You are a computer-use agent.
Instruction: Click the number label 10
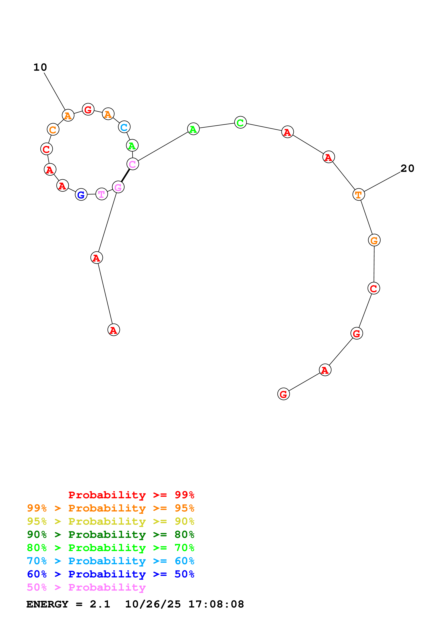pyautogui.click(x=40, y=67)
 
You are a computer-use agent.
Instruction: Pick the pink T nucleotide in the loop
pyautogui.click(x=101, y=194)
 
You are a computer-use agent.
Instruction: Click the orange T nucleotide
pyautogui.click(x=358, y=195)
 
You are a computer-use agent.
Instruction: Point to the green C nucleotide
pyautogui.click(x=240, y=123)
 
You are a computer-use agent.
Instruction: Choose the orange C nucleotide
pyautogui.click(x=53, y=129)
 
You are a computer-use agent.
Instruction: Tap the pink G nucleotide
pyautogui.click(x=118, y=187)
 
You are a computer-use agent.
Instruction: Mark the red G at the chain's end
pyautogui.click(x=283, y=394)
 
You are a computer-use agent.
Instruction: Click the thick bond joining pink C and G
pyautogui.click(x=125, y=176)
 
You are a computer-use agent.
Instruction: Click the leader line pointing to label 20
pyautogui.click(x=382, y=182)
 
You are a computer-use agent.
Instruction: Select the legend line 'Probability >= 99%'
pyautogui.click(x=131, y=495)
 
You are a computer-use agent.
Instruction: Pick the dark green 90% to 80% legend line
pyautogui.click(x=110, y=535)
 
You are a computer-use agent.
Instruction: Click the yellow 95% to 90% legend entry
pyautogui.click(x=110, y=521)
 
